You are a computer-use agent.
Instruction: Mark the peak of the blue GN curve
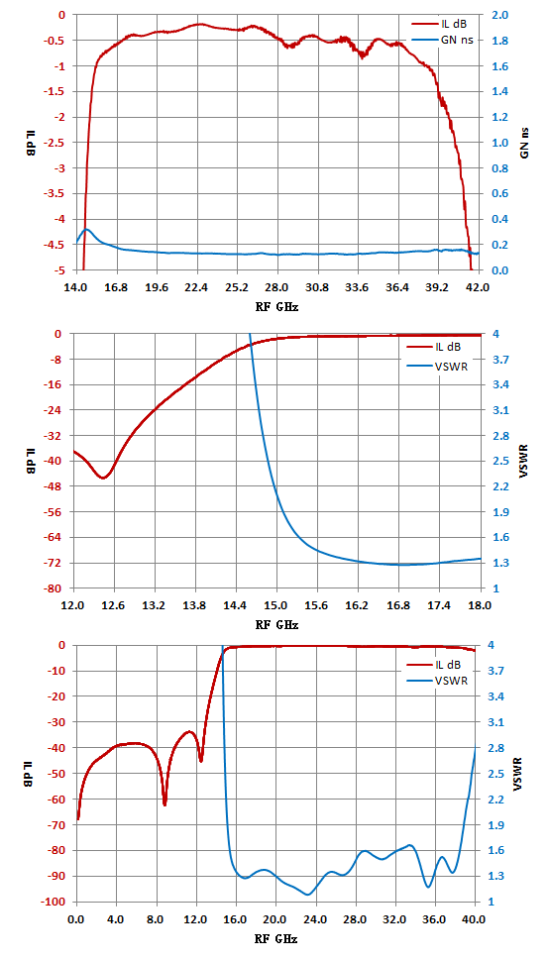tap(87, 229)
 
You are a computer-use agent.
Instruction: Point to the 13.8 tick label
tap(195, 605)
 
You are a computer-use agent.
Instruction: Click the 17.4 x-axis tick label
tap(439, 605)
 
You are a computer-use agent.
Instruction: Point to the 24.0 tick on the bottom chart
tap(316, 920)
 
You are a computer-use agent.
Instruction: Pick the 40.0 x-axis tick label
tap(476, 920)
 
